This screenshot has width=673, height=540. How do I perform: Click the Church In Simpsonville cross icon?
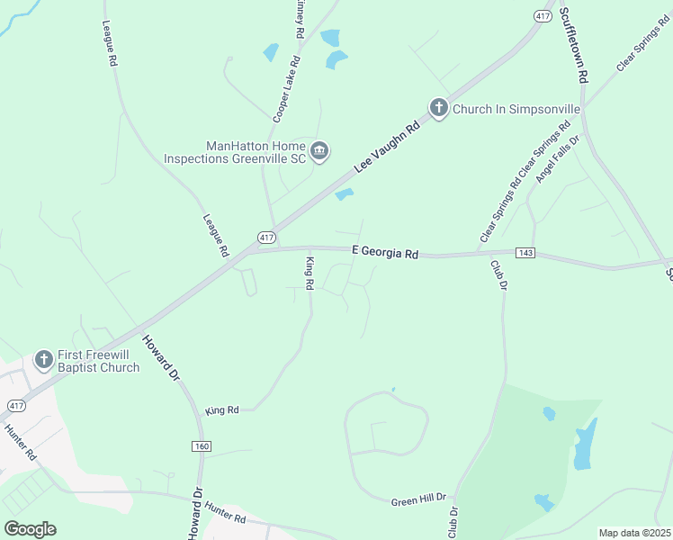(x=438, y=109)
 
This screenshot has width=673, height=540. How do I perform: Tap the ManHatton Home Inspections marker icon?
(x=319, y=151)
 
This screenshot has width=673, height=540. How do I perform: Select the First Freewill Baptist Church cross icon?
(x=43, y=360)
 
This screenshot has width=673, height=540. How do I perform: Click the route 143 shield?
(x=526, y=253)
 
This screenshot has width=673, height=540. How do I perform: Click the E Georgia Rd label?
(x=385, y=253)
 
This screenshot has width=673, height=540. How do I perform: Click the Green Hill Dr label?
(x=418, y=499)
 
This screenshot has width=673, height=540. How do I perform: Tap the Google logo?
(x=30, y=529)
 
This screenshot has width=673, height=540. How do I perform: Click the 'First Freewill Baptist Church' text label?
(x=99, y=361)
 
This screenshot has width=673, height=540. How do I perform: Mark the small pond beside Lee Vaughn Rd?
(x=344, y=194)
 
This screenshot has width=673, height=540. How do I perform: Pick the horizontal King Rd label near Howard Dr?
(x=221, y=410)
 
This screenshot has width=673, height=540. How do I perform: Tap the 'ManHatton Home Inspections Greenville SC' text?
(x=237, y=151)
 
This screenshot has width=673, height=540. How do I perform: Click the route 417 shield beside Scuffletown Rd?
(x=542, y=16)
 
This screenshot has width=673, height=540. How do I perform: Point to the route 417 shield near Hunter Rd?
(x=16, y=406)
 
